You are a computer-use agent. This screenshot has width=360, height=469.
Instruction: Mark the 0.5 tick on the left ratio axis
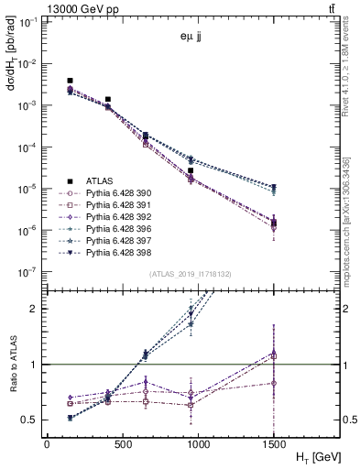point(31,420)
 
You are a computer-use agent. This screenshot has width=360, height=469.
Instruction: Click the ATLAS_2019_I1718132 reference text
point(191,274)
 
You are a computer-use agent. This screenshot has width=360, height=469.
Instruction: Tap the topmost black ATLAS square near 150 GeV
point(71,82)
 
